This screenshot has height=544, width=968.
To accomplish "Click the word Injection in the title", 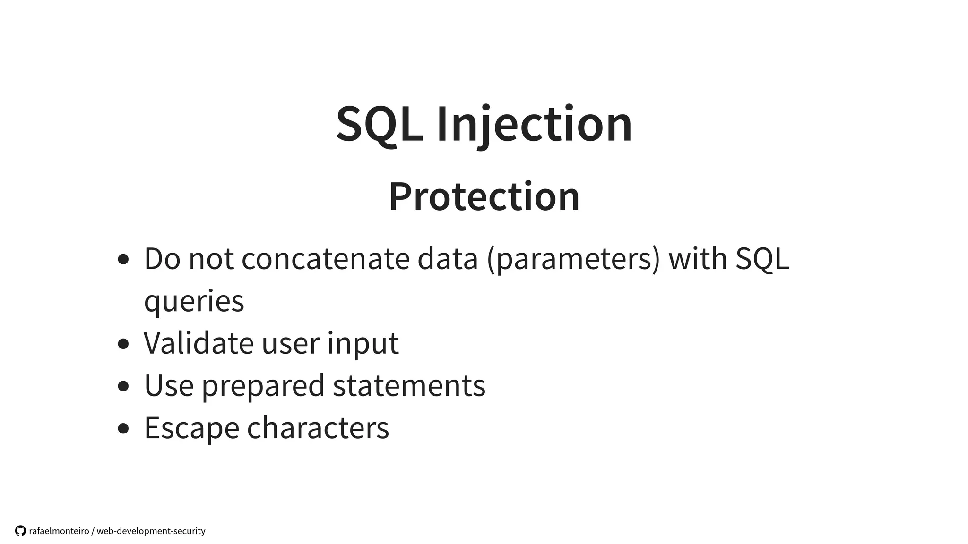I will click(x=534, y=124).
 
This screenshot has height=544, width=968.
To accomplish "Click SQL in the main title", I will click(x=379, y=124).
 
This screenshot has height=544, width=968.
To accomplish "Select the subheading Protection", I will click(x=484, y=196).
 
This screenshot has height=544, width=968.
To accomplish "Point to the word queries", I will click(x=194, y=301).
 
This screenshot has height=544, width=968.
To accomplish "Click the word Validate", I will click(x=199, y=343).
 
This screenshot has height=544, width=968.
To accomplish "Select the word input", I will click(x=363, y=344).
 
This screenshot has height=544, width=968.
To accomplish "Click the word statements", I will click(x=409, y=385).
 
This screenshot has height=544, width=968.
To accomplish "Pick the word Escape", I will click(x=191, y=428).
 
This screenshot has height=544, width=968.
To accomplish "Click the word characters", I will click(x=318, y=428).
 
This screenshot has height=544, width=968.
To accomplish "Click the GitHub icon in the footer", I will click(x=20, y=531).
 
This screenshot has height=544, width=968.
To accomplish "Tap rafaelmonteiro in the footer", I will click(x=59, y=531).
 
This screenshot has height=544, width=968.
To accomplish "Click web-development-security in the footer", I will click(x=151, y=531).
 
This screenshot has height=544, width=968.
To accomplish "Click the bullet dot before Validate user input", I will click(x=123, y=344).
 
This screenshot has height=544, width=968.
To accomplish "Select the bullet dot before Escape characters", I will click(x=123, y=428).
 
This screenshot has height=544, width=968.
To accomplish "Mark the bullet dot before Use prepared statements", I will click(x=123, y=386).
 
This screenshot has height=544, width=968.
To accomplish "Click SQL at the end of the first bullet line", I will click(x=762, y=259).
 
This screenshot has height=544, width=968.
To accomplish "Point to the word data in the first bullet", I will click(x=448, y=259).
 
